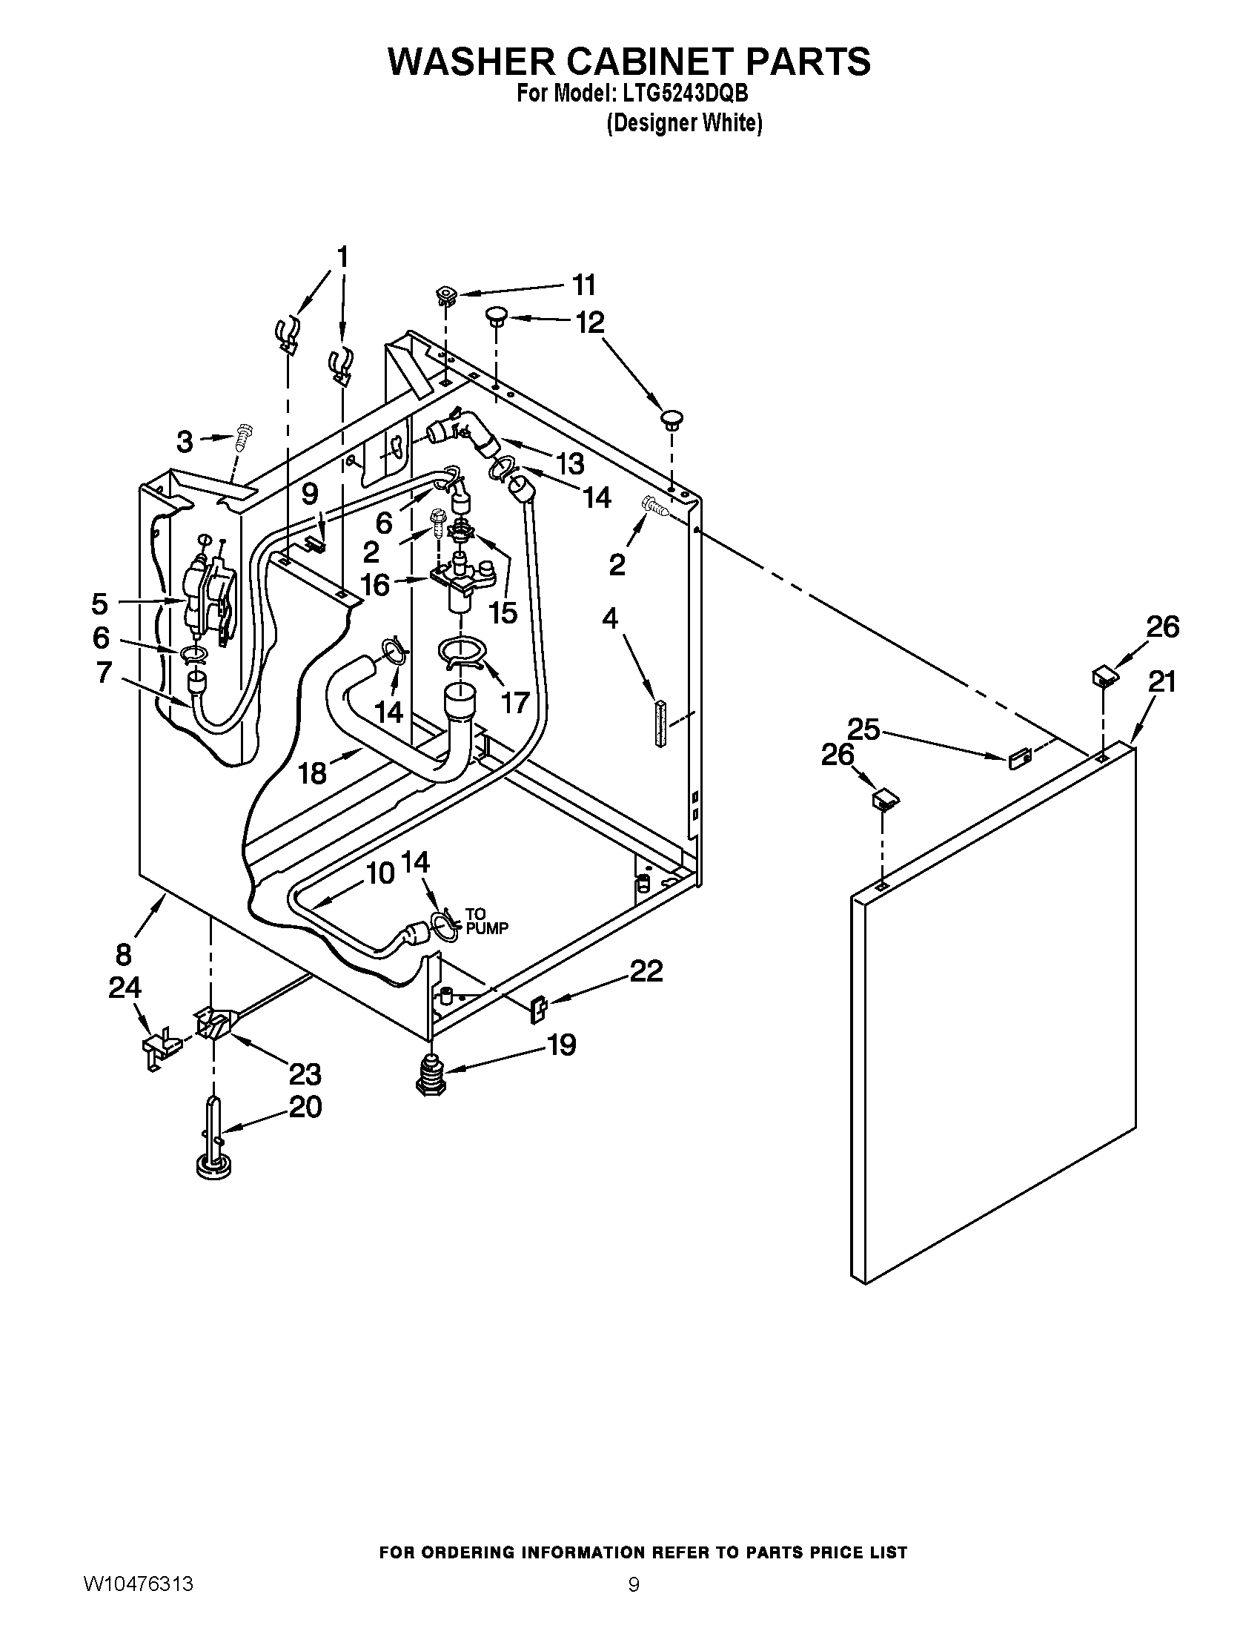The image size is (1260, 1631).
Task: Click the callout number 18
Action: click(x=313, y=773)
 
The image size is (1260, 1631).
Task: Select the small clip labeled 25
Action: click(x=1020, y=759)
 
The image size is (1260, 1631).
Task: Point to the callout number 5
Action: click(x=100, y=603)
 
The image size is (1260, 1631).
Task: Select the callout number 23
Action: click(x=305, y=1075)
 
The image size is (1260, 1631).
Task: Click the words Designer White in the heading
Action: click(x=684, y=123)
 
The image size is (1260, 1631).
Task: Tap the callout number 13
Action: click(x=570, y=464)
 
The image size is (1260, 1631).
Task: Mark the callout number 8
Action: click(x=124, y=954)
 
